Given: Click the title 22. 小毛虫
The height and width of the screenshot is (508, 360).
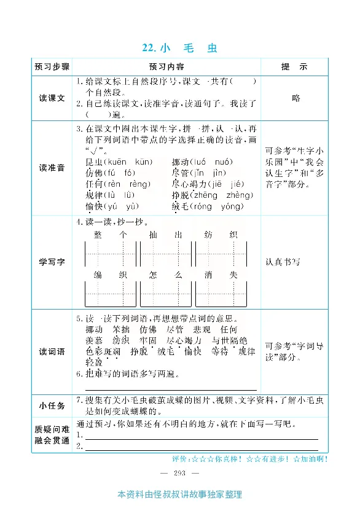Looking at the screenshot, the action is pos(179,48).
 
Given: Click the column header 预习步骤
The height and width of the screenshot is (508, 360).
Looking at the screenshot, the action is pos(52,66).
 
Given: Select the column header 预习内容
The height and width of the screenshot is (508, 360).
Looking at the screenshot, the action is pos(166,66).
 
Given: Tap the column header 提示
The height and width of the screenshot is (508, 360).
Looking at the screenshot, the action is pos(294,66).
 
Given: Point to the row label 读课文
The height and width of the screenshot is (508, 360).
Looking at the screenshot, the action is pos(52,98).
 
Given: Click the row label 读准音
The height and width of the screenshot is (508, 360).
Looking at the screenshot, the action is pos(52,168).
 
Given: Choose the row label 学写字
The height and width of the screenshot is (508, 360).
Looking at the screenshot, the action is pos(52,262).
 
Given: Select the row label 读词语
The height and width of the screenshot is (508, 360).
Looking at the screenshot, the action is pos(52,351).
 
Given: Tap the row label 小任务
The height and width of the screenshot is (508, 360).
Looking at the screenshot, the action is pos(52,405).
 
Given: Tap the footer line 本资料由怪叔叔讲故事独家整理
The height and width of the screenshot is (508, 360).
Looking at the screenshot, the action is pos(179,495).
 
